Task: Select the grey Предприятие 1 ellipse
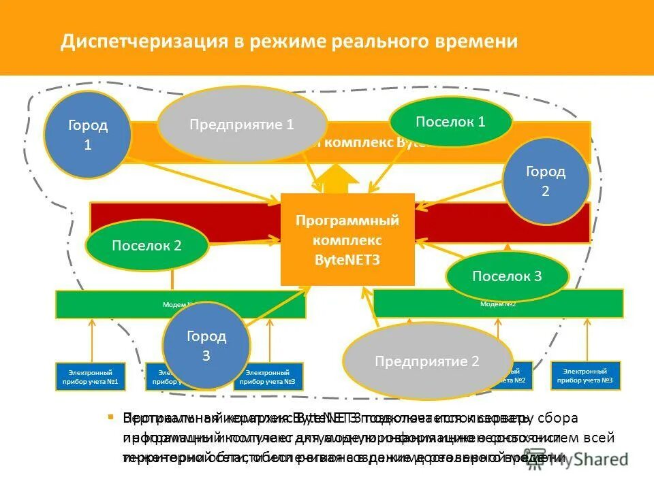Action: (x=242, y=124)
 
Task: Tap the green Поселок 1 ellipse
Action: (x=450, y=122)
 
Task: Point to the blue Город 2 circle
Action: (x=545, y=181)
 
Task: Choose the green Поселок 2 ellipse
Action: (x=146, y=246)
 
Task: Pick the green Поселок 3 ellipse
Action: (x=506, y=276)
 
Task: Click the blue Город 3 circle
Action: (x=206, y=346)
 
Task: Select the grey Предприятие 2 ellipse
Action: (x=427, y=361)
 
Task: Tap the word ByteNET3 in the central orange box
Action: (x=347, y=259)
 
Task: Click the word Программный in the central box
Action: (x=347, y=221)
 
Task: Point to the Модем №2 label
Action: (x=498, y=304)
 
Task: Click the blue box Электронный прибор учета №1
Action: (x=89, y=376)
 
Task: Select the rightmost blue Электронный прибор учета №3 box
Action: (x=586, y=376)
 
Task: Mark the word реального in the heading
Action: (x=378, y=42)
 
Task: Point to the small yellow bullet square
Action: (x=109, y=416)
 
